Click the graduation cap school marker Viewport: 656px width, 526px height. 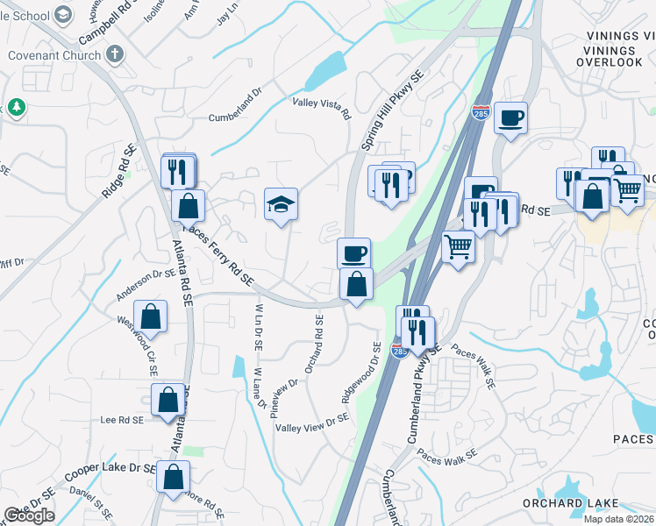click(282, 205)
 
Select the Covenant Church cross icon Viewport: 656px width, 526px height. click(113, 54)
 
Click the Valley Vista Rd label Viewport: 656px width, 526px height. click(321, 109)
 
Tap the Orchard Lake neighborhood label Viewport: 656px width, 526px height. click(565, 503)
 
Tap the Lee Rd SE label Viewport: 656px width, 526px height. click(122, 421)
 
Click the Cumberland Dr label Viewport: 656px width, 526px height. click(235, 117)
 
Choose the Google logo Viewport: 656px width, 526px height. click(29, 515)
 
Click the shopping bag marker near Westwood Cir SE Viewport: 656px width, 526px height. click(151, 316)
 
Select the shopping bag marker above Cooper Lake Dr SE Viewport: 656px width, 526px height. click(174, 477)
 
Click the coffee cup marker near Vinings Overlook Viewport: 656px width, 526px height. click(510, 117)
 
